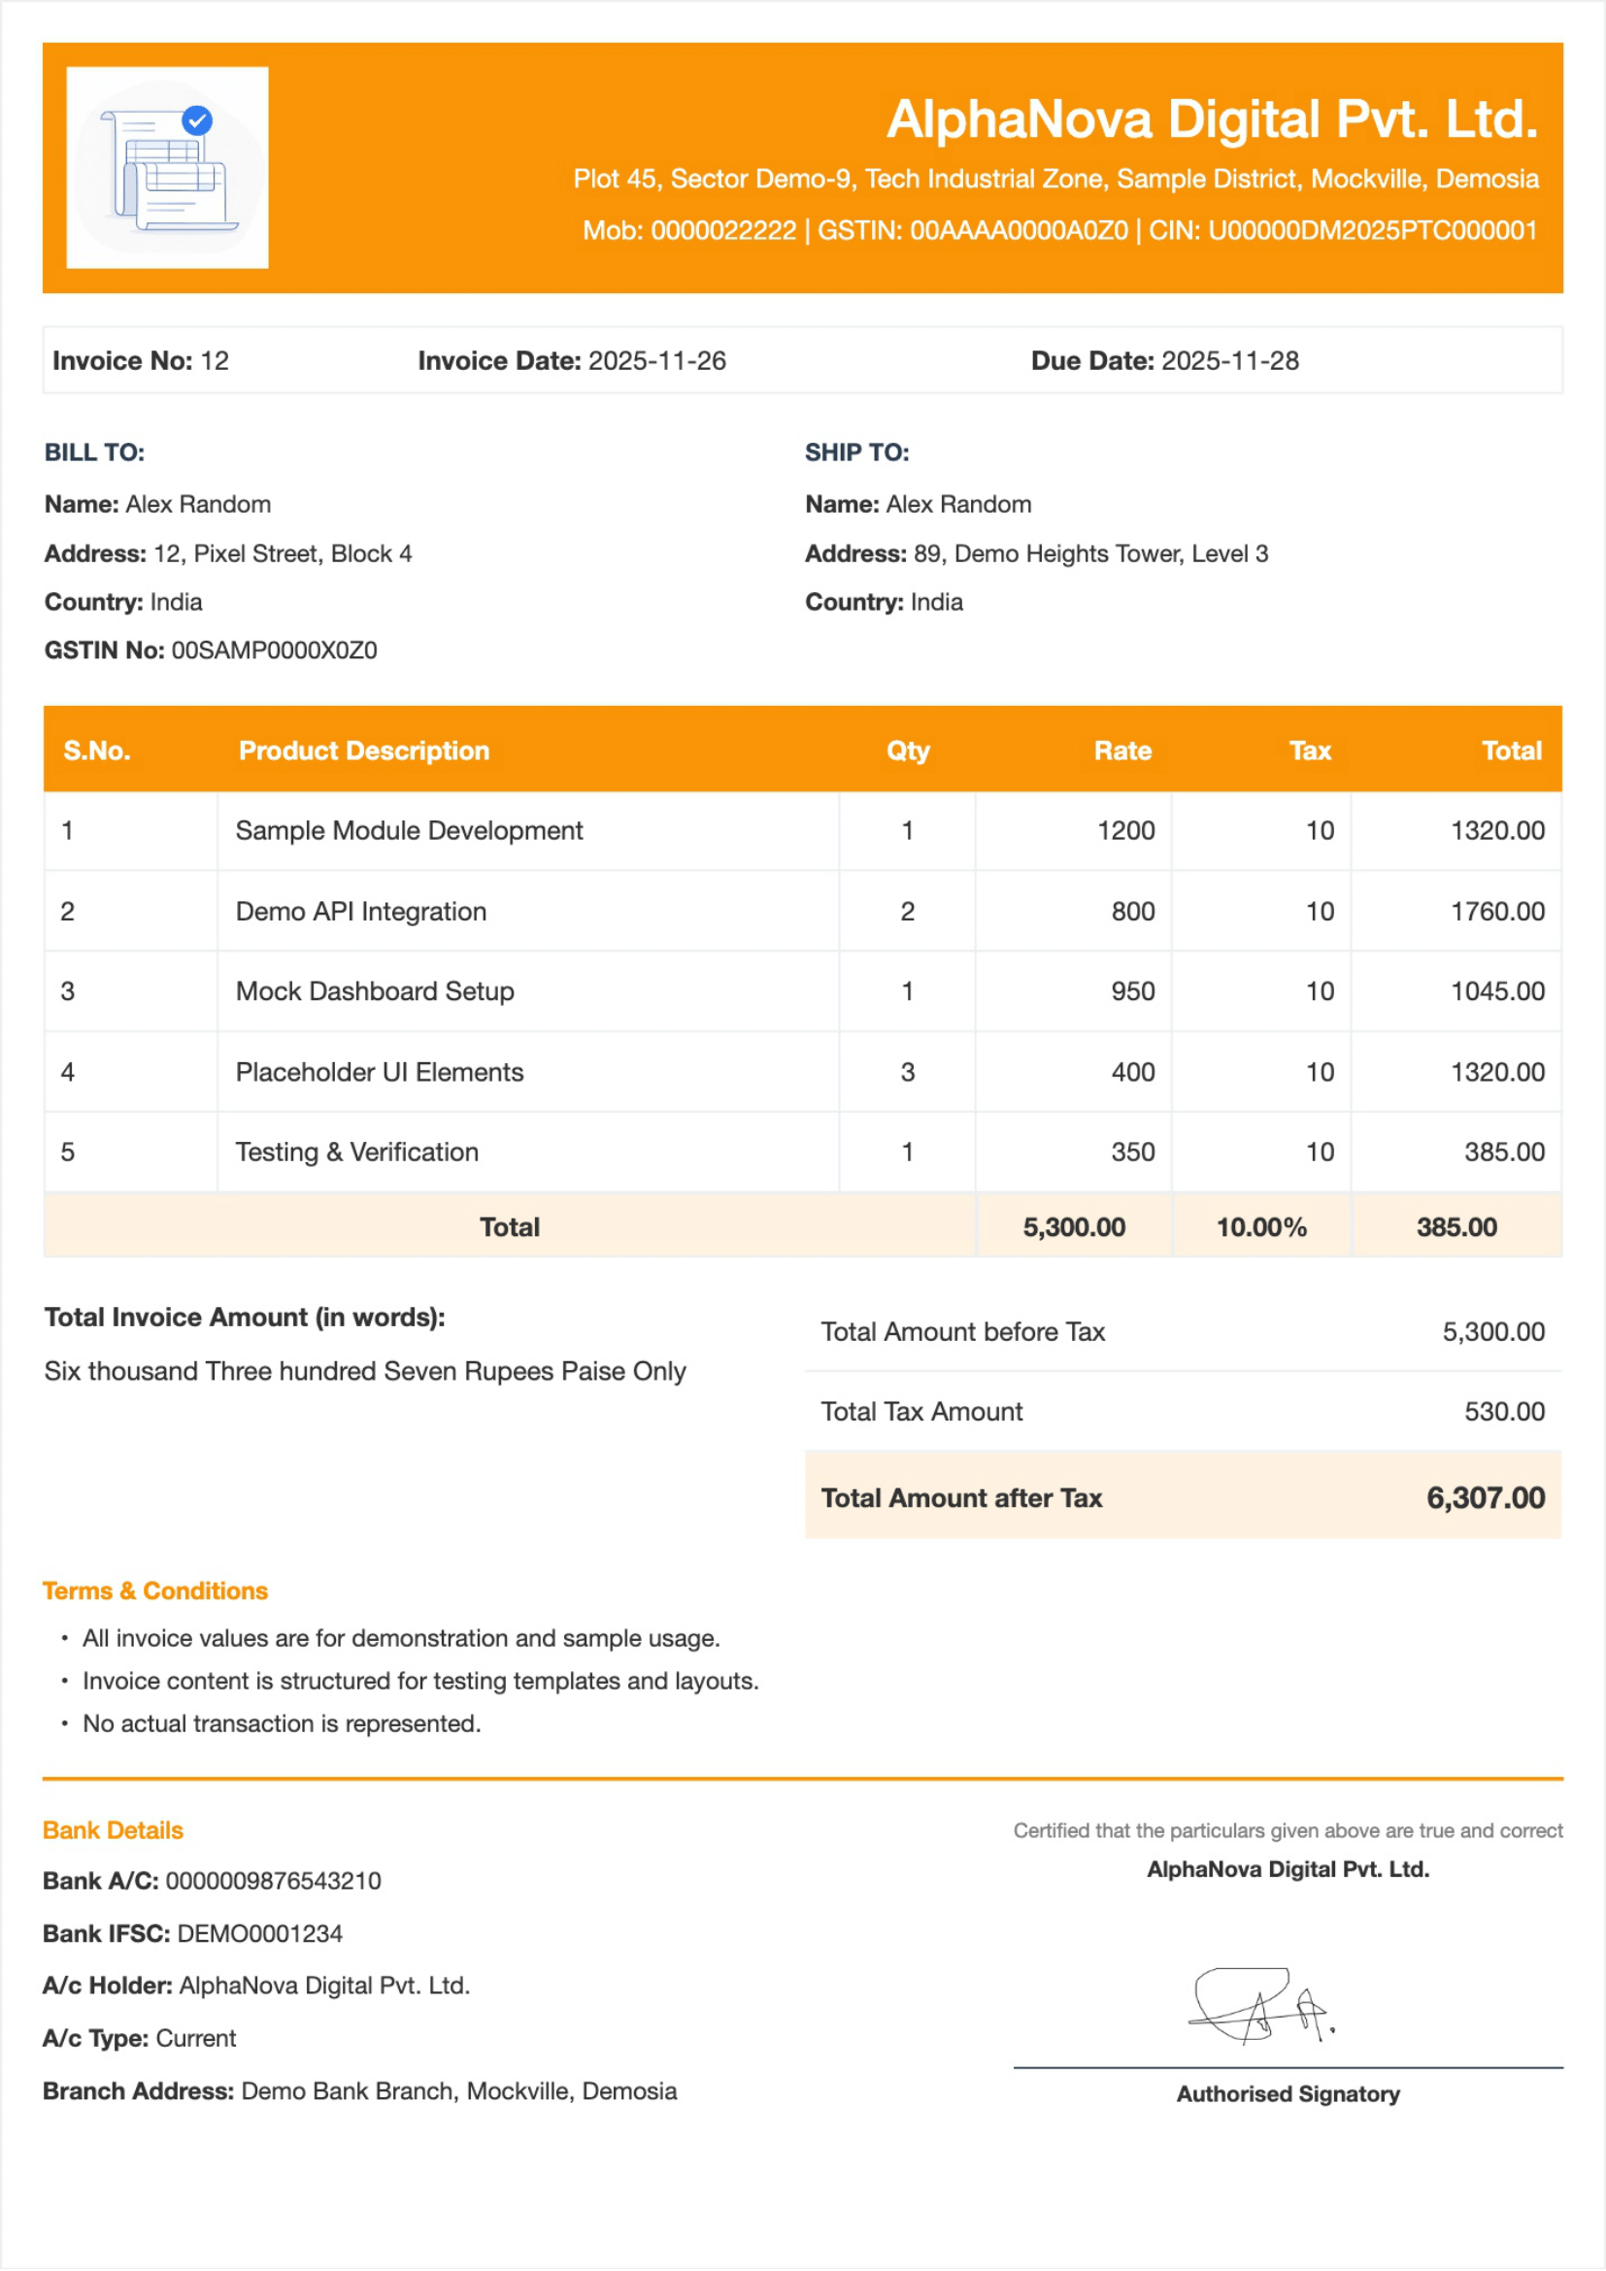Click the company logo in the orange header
[167, 167]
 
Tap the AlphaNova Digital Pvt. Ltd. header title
[1212, 119]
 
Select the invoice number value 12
[215, 361]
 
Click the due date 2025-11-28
[1229, 361]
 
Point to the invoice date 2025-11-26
[656, 361]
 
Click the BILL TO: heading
[95, 453]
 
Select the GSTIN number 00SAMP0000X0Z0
[274, 651]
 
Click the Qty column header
[908, 751]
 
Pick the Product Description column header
[364, 751]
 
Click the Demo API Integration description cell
[361, 912]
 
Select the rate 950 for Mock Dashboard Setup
[1132, 992]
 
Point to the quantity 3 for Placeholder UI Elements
[908, 1072]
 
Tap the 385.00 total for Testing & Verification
[1503, 1152]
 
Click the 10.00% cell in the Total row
[1261, 1227]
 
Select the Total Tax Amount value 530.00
[1503, 1413]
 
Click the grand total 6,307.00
[1485, 1498]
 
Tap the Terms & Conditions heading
[155, 1591]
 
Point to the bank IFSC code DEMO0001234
[260, 1934]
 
